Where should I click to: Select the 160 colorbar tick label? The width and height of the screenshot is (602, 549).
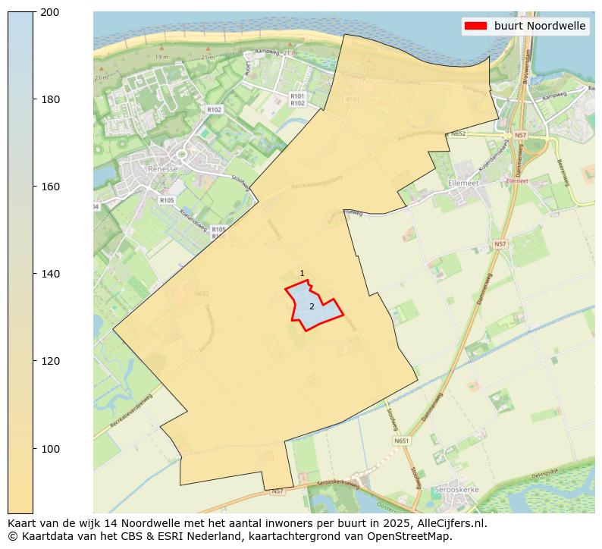50,187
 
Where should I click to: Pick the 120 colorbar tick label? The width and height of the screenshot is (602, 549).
50,361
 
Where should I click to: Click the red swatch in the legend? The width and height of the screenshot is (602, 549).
475,26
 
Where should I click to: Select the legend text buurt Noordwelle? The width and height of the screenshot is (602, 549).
539,26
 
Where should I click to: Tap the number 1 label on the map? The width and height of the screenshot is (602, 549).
302,274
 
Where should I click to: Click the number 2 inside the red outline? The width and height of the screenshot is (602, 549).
312,306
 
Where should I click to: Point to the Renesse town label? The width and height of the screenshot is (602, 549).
162,169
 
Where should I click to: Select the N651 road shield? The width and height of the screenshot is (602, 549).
401,441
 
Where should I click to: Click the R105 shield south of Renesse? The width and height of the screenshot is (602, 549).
167,200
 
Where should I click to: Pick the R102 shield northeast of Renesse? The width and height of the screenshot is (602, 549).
214,110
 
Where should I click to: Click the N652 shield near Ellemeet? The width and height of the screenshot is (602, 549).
458,134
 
